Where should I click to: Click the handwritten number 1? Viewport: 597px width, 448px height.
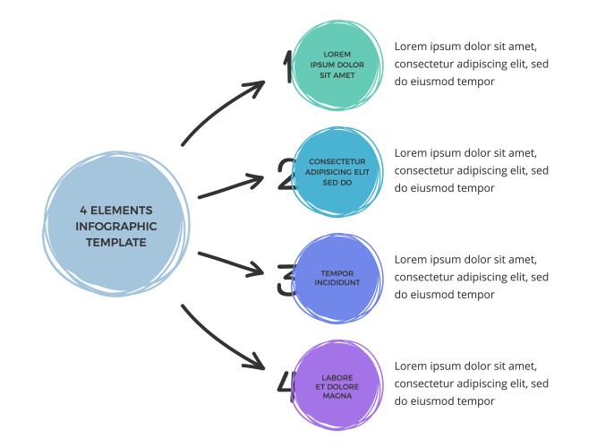(288, 67)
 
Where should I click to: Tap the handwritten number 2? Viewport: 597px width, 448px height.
(286, 175)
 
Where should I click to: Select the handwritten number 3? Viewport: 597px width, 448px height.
(286, 280)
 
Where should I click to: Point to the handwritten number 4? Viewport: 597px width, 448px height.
(286, 385)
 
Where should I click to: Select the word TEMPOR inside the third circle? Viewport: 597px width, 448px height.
(337, 272)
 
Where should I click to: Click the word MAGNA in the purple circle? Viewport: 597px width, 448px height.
(337, 395)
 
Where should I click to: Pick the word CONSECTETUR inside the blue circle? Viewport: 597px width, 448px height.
(337, 161)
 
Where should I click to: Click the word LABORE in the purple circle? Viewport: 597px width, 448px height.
(337, 377)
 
